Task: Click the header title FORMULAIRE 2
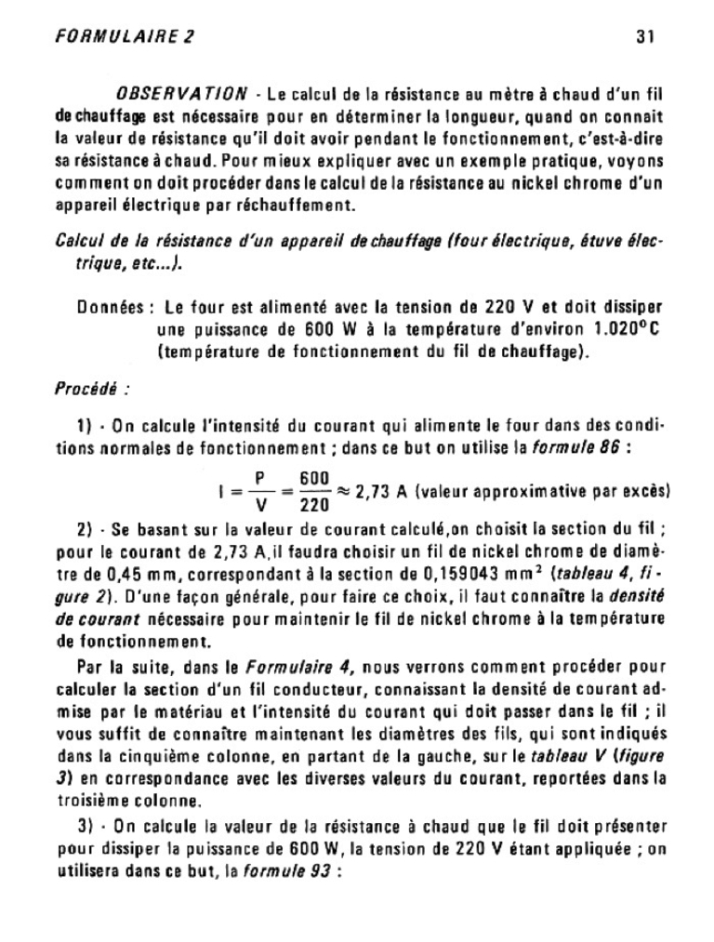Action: [125, 37]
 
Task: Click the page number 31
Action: [646, 37]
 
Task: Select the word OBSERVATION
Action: [181, 94]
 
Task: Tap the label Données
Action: [110, 307]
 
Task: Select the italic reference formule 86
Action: [580, 445]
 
